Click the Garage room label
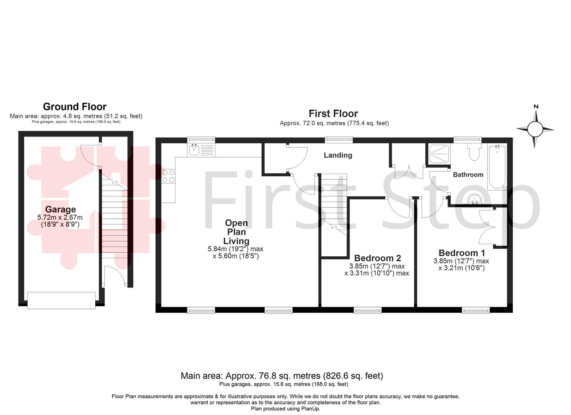[60, 209]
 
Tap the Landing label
[338, 155]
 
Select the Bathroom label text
[468, 174]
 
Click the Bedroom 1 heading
[461, 253]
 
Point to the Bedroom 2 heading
[377, 258]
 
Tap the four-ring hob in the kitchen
[168, 176]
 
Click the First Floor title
[333, 113]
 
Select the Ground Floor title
[75, 106]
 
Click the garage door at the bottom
[61, 300]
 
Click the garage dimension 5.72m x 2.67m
[60, 217]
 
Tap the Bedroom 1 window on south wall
[476, 310]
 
